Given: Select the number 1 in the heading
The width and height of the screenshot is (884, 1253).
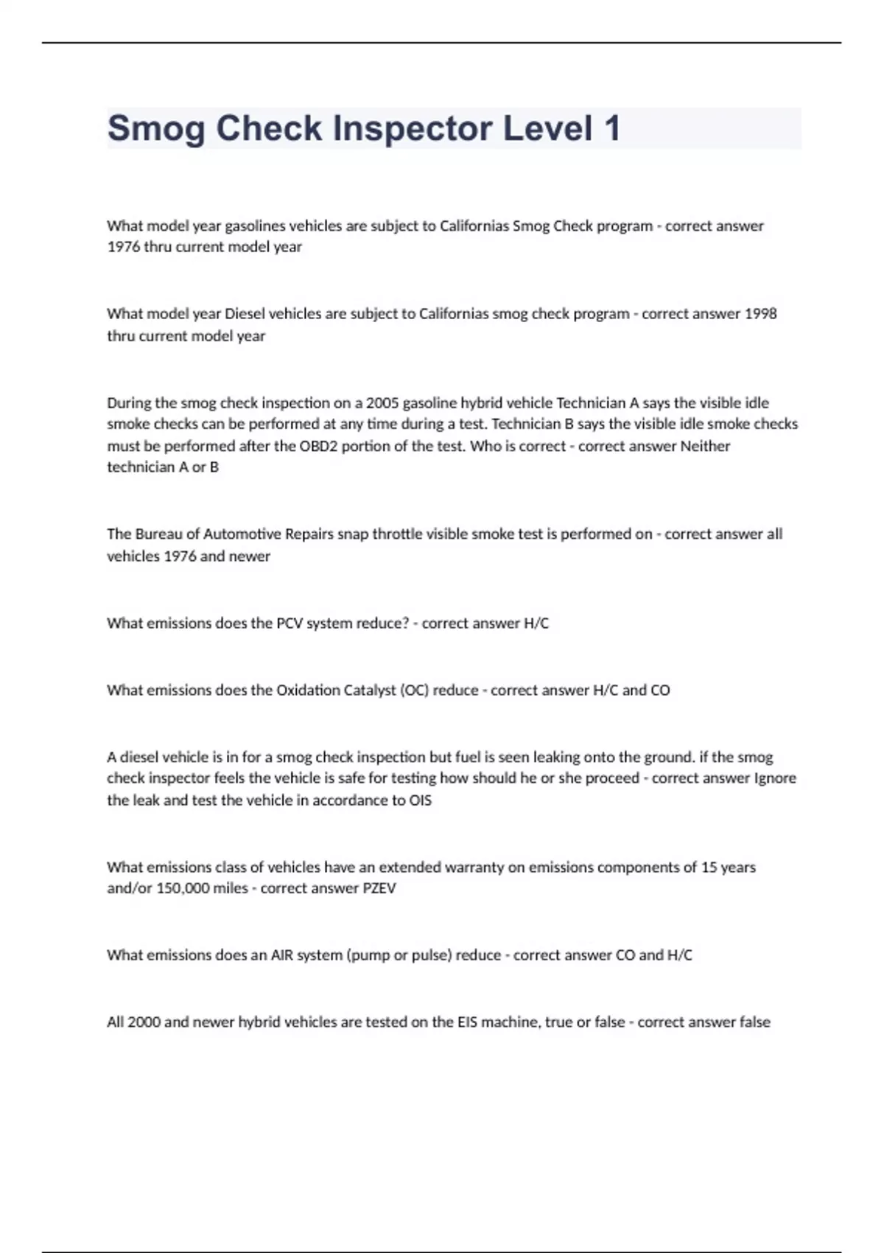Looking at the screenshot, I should (611, 129).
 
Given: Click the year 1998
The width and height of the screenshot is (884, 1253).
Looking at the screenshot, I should (760, 314).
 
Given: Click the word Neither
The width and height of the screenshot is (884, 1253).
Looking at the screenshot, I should (705, 446).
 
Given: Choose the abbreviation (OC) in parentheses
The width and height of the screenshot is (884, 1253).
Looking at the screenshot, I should (414, 691).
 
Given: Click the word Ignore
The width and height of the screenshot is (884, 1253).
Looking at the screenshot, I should (775, 778).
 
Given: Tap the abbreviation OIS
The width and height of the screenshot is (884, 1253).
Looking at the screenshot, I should (420, 800).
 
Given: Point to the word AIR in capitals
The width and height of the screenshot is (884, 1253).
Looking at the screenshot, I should (281, 955).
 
